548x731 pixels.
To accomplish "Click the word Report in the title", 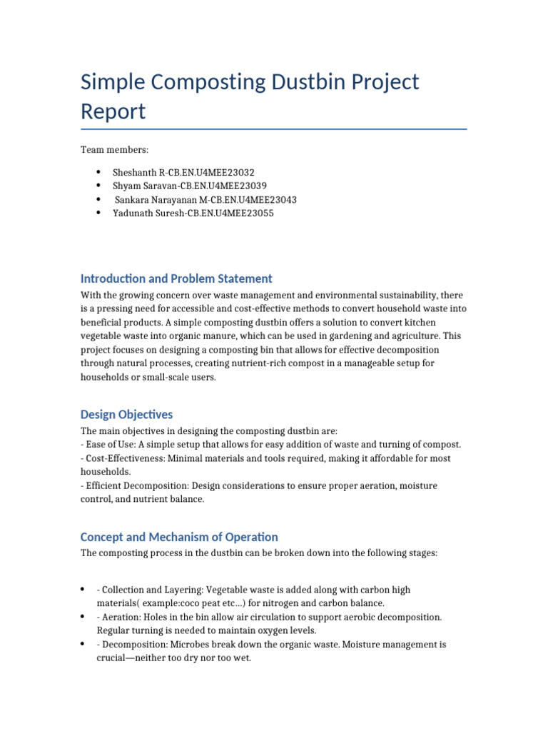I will tap(113, 111).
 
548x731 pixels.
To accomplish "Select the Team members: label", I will tap(114, 150).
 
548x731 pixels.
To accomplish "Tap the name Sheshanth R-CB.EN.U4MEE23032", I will tap(183, 173).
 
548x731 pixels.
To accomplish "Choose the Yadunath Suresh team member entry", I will tap(193, 213).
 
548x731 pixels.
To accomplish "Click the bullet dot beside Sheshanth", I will tap(97, 173).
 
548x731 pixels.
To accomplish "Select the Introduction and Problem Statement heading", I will tap(176, 278).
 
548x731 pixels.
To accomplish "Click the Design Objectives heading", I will tap(126, 415).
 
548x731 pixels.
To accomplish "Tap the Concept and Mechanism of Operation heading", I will tap(179, 537).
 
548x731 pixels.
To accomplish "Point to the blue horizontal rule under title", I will tap(274, 129).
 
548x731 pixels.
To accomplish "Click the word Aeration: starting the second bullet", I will tap(123, 617).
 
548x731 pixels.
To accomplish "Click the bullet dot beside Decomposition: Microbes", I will tap(83, 644).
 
